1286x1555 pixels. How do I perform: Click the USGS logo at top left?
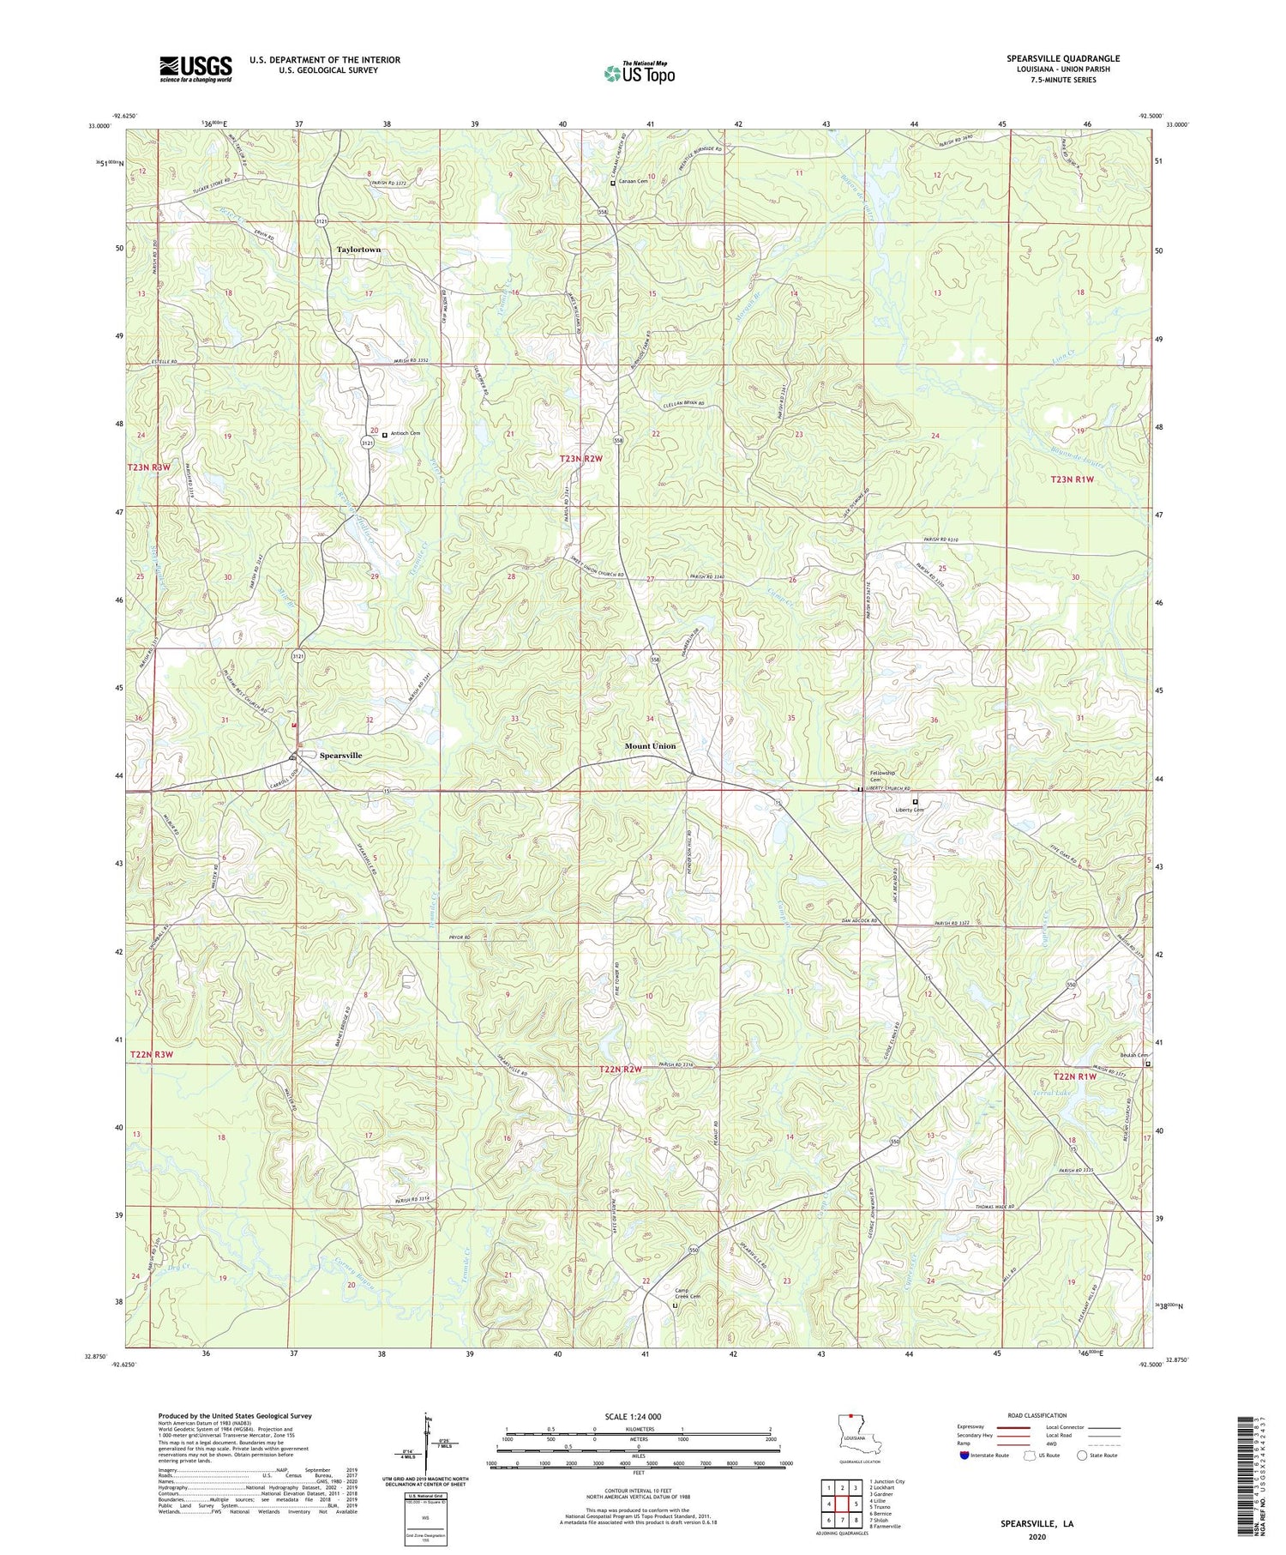click(195, 69)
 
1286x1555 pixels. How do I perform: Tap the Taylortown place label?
click(358, 250)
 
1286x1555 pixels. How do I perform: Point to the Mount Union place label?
click(650, 745)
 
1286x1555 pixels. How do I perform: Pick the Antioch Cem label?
click(406, 434)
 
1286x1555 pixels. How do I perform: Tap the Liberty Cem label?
click(910, 810)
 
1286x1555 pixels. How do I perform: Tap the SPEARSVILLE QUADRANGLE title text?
click(1063, 58)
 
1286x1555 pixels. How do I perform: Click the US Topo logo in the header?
click(640, 73)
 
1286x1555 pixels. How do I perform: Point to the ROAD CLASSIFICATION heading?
click(1037, 1415)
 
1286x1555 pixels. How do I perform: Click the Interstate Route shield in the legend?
click(964, 1456)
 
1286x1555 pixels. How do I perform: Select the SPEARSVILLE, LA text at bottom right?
click(1037, 1524)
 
